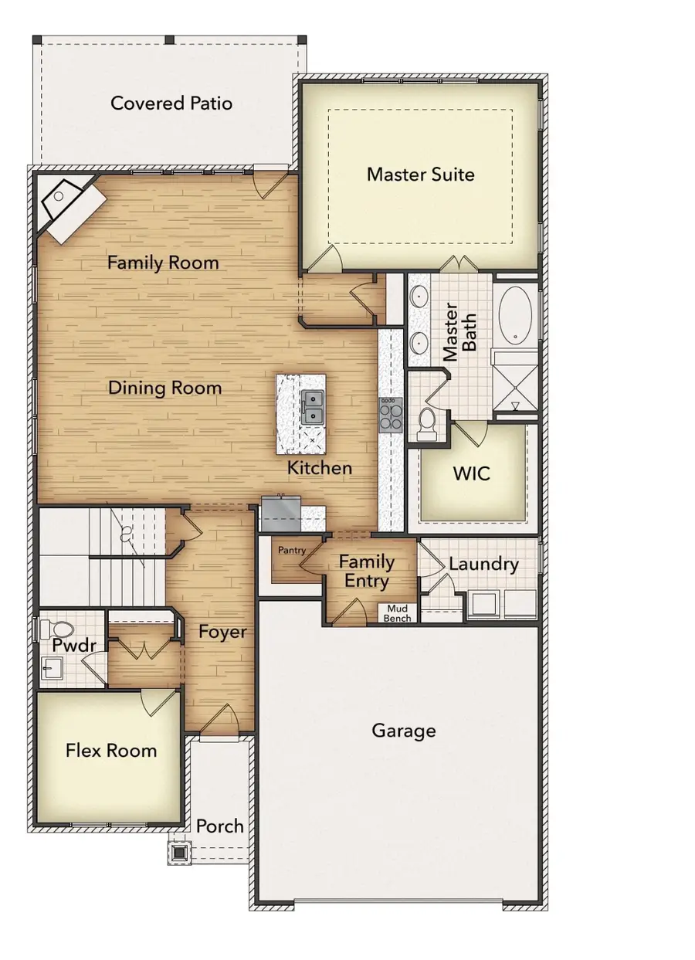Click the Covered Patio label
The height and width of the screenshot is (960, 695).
click(x=171, y=103)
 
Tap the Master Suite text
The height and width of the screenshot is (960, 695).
click(x=421, y=175)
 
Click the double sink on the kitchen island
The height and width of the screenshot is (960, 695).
click(x=313, y=407)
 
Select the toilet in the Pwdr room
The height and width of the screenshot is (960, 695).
click(x=57, y=629)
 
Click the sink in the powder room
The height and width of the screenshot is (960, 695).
click(x=52, y=668)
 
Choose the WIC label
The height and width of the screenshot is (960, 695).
click(x=471, y=473)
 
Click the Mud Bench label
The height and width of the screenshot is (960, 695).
click(x=397, y=613)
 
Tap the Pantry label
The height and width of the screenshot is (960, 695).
click(x=292, y=551)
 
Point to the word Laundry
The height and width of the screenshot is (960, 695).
click(x=483, y=564)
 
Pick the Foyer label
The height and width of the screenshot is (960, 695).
click(x=222, y=632)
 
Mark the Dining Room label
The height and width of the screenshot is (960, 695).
click(x=165, y=388)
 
